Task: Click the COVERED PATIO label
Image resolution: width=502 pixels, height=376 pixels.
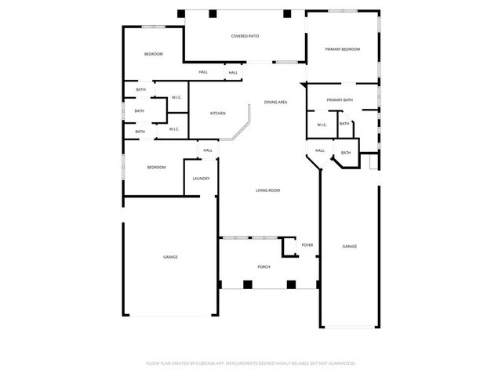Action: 245,37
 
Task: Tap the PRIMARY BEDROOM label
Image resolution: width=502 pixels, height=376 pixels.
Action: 343,49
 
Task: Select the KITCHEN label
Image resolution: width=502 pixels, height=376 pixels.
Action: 217,114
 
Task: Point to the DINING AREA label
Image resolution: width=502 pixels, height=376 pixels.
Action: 275,103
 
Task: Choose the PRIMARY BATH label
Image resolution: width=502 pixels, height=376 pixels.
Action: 340,100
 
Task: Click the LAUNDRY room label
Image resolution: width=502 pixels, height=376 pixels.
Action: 201,179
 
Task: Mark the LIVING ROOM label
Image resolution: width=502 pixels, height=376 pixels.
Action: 267,190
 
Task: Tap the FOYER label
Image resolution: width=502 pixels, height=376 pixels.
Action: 307,245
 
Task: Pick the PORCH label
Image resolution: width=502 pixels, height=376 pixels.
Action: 264,267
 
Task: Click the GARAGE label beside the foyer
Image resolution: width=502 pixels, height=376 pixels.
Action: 349,247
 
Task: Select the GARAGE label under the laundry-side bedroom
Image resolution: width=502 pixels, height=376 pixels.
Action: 170,257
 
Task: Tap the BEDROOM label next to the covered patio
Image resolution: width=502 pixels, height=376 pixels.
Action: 153,54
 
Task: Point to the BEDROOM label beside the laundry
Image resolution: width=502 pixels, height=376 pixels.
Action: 157,168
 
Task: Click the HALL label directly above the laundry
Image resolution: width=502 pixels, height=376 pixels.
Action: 208,150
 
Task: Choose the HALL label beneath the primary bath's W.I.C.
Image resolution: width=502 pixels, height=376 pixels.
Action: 320,150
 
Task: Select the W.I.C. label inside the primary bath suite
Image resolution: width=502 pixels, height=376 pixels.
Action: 322,125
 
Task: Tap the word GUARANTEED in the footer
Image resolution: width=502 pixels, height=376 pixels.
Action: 340,363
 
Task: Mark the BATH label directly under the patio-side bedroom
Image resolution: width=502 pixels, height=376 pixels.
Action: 140,90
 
